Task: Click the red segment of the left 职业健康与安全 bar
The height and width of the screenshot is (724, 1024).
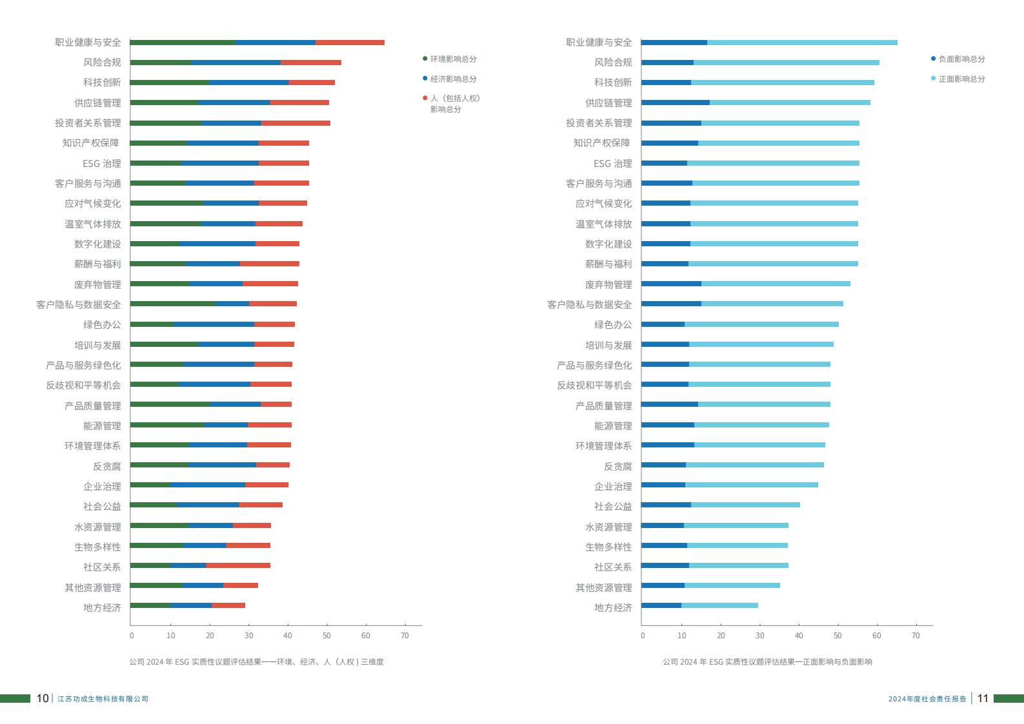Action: pos(350,43)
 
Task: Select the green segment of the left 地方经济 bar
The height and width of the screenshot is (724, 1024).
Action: pos(150,605)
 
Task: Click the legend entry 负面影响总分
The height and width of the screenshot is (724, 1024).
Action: pos(961,59)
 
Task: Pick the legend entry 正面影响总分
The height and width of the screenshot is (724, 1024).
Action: pos(961,79)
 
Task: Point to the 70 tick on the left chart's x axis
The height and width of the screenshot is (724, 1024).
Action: pos(405,636)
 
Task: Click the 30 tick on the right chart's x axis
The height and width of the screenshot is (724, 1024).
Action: pos(759,636)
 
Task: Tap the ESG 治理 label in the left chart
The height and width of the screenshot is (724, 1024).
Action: pos(101,164)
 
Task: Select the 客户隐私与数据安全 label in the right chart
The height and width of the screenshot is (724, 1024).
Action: pos(589,304)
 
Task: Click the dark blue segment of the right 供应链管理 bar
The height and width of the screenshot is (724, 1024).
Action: pos(676,103)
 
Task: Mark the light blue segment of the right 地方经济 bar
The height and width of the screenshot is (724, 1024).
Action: pos(719,605)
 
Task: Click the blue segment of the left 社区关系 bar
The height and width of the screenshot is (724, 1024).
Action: pos(188,565)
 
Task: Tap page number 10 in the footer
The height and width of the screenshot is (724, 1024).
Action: pos(43,698)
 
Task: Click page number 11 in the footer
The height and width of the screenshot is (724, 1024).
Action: pos(983,698)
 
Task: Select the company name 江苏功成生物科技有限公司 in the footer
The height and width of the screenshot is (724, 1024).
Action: pos(103,699)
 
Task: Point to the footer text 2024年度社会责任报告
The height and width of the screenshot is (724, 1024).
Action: pos(927,699)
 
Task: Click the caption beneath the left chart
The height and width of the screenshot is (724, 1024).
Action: pos(256,662)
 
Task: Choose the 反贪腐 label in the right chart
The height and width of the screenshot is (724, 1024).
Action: pos(617,466)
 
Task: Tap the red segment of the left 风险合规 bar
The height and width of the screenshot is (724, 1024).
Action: pos(311,63)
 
